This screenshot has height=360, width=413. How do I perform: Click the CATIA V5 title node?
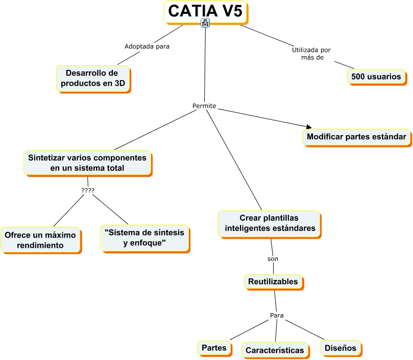click(x=205, y=11)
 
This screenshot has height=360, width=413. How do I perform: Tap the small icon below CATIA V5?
click(x=206, y=23)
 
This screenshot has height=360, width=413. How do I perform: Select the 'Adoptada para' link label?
click(x=147, y=46)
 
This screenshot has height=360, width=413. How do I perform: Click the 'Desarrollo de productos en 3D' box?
click(x=92, y=78)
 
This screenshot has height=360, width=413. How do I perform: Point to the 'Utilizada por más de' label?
click(x=311, y=54)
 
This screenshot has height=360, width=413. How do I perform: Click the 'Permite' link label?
click(x=204, y=106)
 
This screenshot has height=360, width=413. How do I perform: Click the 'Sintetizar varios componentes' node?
click(x=87, y=163)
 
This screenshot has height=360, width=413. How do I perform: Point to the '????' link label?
click(x=88, y=191)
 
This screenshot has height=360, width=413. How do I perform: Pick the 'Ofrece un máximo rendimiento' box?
click(x=40, y=240)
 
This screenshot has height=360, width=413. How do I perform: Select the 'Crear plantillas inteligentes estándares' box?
click(x=270, y=223)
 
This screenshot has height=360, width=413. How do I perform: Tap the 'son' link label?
click(x=273, y=259)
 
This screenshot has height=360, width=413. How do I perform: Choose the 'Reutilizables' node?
click(x=273, y=281)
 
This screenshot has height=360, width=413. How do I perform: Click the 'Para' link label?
click(x=276, y=315)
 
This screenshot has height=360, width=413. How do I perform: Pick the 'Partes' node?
click(x=214, y=347)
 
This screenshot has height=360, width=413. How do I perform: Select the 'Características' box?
click(x=275, y=350)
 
